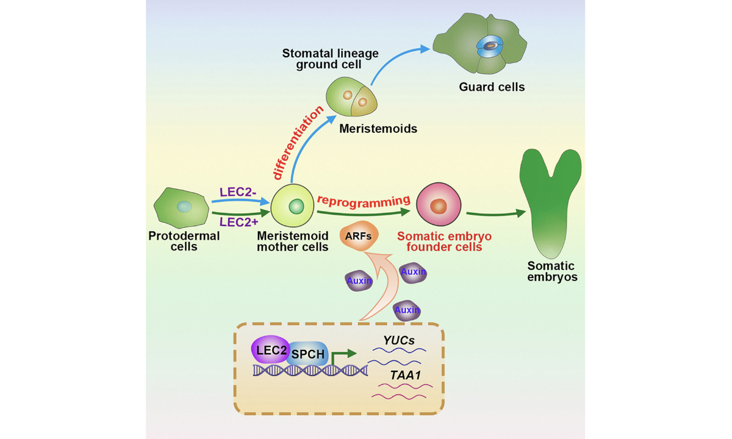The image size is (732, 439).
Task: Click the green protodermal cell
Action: tap(180, 208)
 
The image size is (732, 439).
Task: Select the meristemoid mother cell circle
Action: tap(295, 207)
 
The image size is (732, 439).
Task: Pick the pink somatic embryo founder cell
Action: tap(439, 206)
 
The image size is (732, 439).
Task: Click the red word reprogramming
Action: tap(363, 201)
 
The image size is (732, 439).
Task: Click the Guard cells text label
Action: tap(492, 87)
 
